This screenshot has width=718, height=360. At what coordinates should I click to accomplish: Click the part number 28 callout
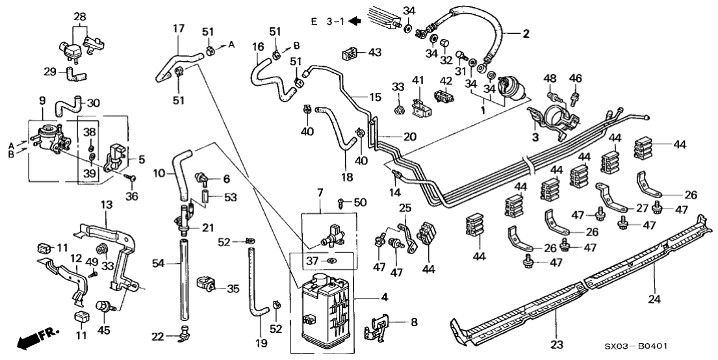(x=79, y=16)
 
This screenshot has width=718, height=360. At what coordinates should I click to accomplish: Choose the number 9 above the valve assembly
(x=42, y=101)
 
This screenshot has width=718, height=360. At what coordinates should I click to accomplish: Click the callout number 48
(x=551, y=79)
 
